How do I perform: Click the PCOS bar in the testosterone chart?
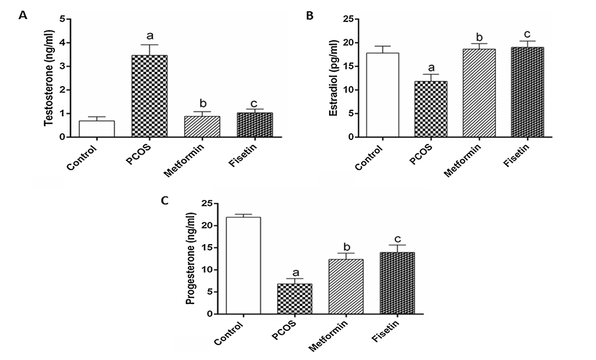click(149, 96)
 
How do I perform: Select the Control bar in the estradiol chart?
click(382, 95)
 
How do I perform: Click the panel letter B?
click(309, 16)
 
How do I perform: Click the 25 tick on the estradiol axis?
click(349, 20)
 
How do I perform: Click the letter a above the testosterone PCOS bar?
click(149, 34)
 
